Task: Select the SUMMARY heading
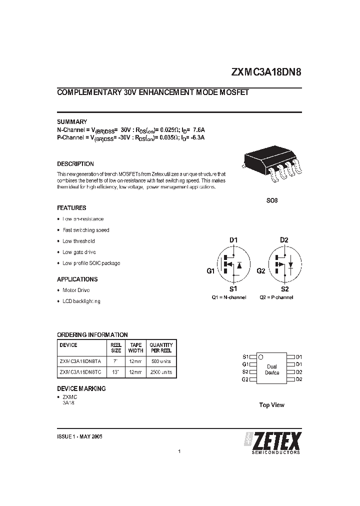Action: [x=72, y=121]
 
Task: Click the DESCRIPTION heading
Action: [x=75, y=163]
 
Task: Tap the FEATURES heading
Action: [x=71, y=207]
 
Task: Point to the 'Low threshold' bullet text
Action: [x=78, y=241]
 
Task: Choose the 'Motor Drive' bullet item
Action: [x=76, y=290]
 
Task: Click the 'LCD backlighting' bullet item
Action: [x=81, y=301]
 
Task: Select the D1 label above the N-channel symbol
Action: [x=233, y=240]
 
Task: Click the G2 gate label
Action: [x=260, y=270]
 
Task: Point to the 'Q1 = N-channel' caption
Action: [x=229, y=297]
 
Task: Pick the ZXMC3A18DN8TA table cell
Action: [x=80, y=361]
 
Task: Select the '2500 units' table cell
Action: [x=161, y=372]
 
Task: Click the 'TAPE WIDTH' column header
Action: [x=135, y=347]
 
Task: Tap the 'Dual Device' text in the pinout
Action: [x=272, y=369]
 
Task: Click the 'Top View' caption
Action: [x=271, y=405]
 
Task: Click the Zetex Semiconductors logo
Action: [x=272, y=443]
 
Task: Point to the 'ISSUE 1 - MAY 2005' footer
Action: [x=79, y=436]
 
